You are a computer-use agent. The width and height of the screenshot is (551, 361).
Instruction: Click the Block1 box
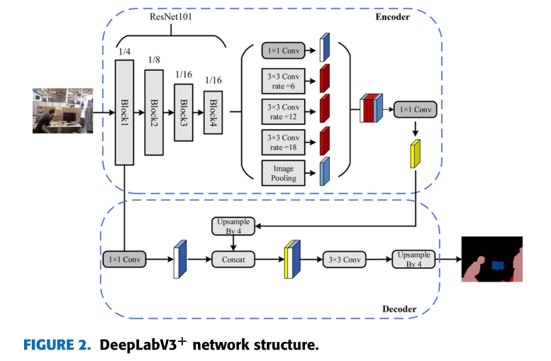[x=125, y=112]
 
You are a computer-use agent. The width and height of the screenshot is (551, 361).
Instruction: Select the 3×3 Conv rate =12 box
[x=284, y=110]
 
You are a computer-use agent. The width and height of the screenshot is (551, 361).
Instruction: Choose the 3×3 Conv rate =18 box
[x=284, y=141]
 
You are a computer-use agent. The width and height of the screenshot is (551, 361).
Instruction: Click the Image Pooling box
[x=284, y=172]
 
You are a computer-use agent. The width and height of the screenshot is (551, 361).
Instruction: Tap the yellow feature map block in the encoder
[x=415, y=154]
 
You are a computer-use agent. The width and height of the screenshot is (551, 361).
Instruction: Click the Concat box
[x=233, y=260]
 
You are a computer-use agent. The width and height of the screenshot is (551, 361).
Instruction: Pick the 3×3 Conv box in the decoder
[x=344, y=260]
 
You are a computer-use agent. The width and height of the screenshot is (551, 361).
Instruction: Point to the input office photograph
[x=62, y=111]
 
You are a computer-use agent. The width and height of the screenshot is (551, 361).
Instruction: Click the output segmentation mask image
[x=491, y=259]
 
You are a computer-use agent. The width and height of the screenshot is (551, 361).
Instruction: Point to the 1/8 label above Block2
[x=154, y=60]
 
